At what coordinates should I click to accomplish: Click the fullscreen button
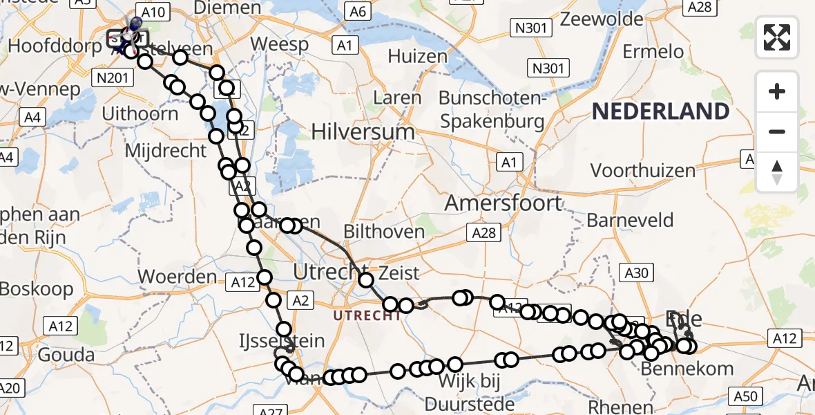click(777, 37)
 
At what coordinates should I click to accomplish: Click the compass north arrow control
click(777, 172)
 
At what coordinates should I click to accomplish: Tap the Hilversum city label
click(363, 131)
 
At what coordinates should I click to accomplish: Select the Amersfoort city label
click(504, 203)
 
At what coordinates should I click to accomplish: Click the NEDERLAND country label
click(660, 111)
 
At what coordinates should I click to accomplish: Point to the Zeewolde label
click(602, 19)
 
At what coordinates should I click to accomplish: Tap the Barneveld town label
click(630, 221)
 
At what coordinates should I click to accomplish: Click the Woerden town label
click(178, 277)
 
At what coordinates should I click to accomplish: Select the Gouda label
click(67, 355)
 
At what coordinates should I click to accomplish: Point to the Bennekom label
click(687, 369)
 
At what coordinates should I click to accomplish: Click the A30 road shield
click(636, 273)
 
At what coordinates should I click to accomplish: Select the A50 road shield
click(746, 396)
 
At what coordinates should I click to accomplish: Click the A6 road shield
click(358, 11)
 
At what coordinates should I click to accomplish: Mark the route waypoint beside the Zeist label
click(366, 280)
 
